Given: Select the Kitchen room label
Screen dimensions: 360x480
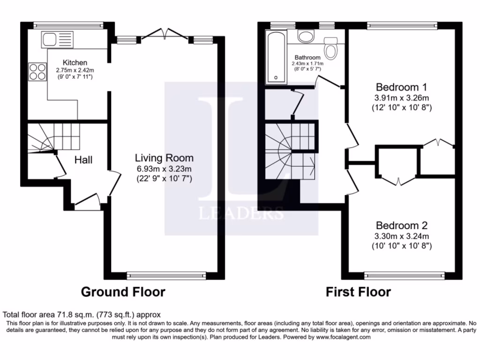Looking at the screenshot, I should coord(75,62).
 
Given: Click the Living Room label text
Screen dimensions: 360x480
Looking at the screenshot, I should coord(164,158).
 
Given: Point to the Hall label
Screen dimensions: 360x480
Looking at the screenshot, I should coord(83,160).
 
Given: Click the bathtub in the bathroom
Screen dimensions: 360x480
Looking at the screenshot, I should coord(276,57).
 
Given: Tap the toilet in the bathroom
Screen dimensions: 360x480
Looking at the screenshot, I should coord(331,48).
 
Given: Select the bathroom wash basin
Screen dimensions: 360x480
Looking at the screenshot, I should coord(307,36).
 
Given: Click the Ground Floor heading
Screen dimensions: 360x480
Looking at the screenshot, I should coord(123,292).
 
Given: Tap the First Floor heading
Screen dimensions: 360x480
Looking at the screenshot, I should coord(359,292).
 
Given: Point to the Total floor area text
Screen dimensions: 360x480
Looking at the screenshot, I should coord(82,315).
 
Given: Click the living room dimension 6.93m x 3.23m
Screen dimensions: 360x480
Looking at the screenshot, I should coord(164,169).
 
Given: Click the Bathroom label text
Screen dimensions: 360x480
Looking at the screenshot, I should coord(307,58).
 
